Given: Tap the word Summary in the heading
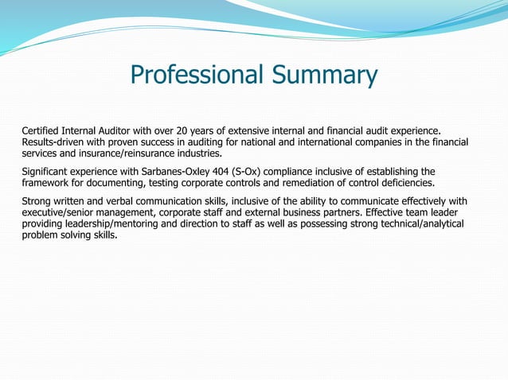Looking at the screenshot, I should coord(326,76).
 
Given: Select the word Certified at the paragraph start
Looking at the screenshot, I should coord(43,130).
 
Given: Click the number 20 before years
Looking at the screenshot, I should coord(201,130).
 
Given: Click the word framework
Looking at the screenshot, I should coord(47,183).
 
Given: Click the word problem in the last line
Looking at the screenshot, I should coord(41,236).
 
